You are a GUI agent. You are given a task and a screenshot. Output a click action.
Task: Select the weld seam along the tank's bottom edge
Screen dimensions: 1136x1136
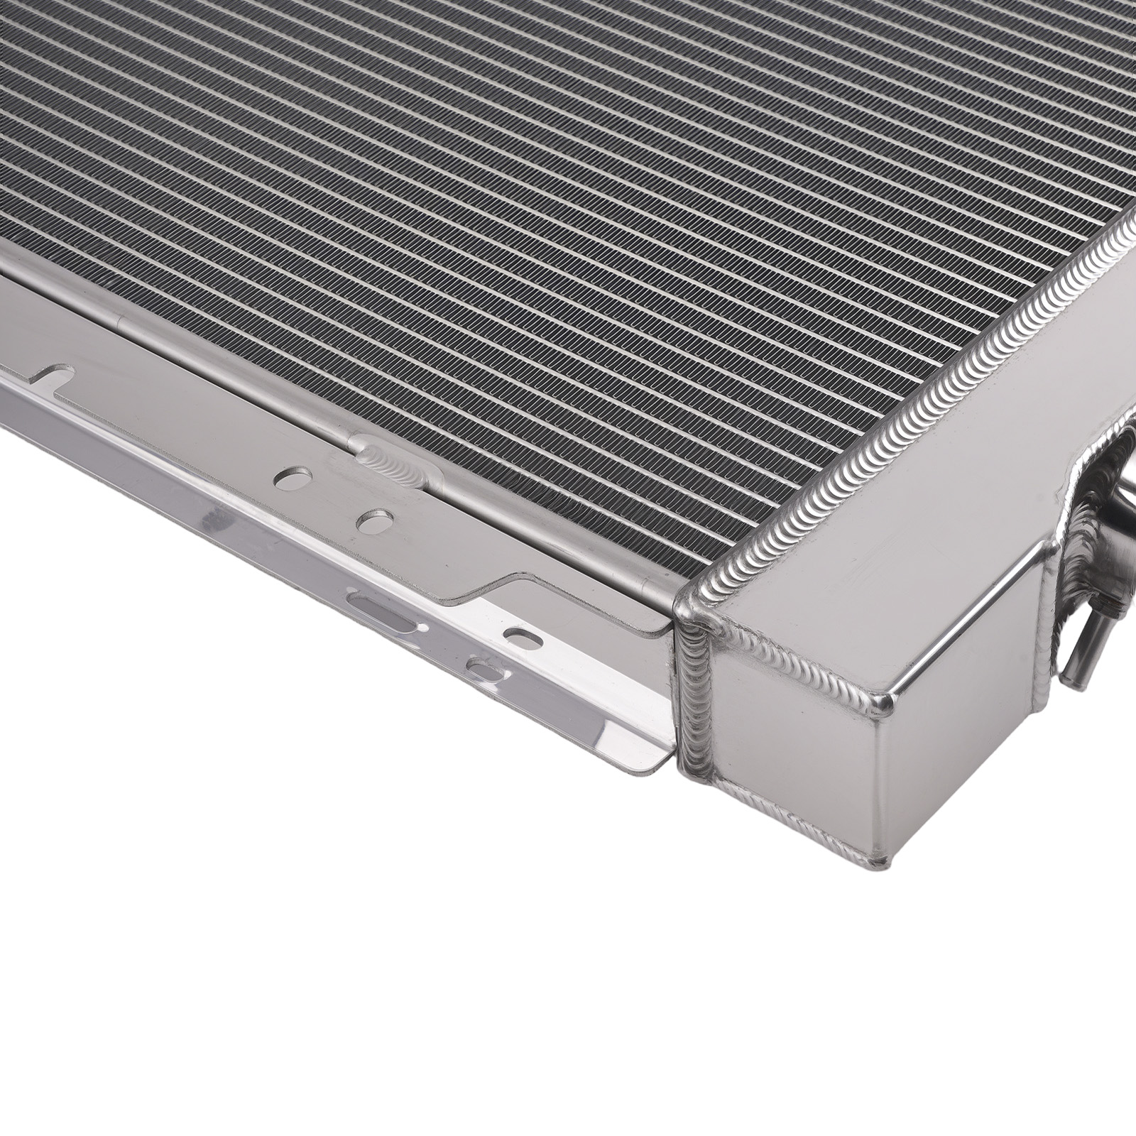[781, 816]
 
